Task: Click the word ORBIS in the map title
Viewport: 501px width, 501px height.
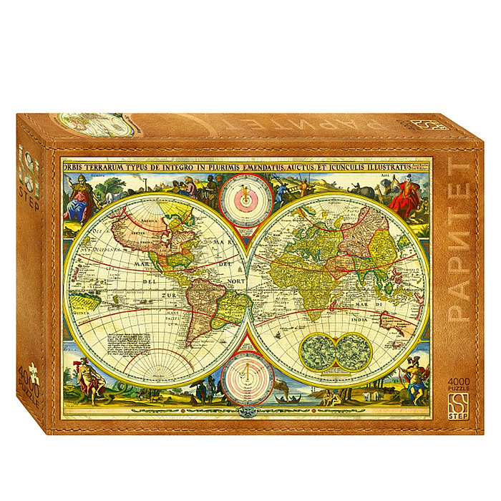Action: [74, 167]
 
